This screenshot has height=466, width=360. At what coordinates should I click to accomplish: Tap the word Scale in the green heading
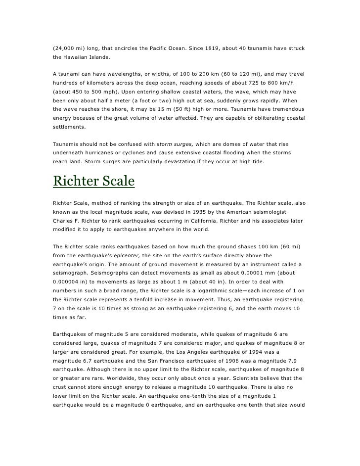(x=118, y=181)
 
